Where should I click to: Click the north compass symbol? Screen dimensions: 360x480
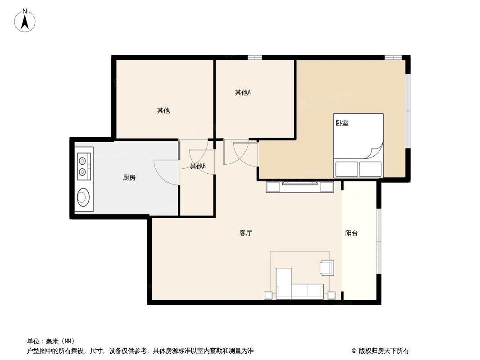coord(25,21)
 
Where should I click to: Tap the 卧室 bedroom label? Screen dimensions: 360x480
coord(342,123)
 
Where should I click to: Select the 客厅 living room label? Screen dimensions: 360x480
coord(245,233)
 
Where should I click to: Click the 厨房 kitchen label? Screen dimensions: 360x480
coord(129,178)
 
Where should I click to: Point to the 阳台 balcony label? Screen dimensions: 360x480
coord(351,233)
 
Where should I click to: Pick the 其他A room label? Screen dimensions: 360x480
coord(243,93)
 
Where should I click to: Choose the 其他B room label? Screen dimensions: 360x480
coord(198,166)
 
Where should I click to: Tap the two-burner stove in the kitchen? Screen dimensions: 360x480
coord(83,165)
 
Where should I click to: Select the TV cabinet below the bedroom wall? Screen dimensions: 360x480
coord(300,187)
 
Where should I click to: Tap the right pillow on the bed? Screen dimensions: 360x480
coord(371,169)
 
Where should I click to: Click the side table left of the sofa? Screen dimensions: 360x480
coord(268,296)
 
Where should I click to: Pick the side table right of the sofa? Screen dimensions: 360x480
coord(331,296)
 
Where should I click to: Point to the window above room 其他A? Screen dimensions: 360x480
coord(254,57)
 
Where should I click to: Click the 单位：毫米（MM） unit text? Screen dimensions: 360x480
coord(51,341)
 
